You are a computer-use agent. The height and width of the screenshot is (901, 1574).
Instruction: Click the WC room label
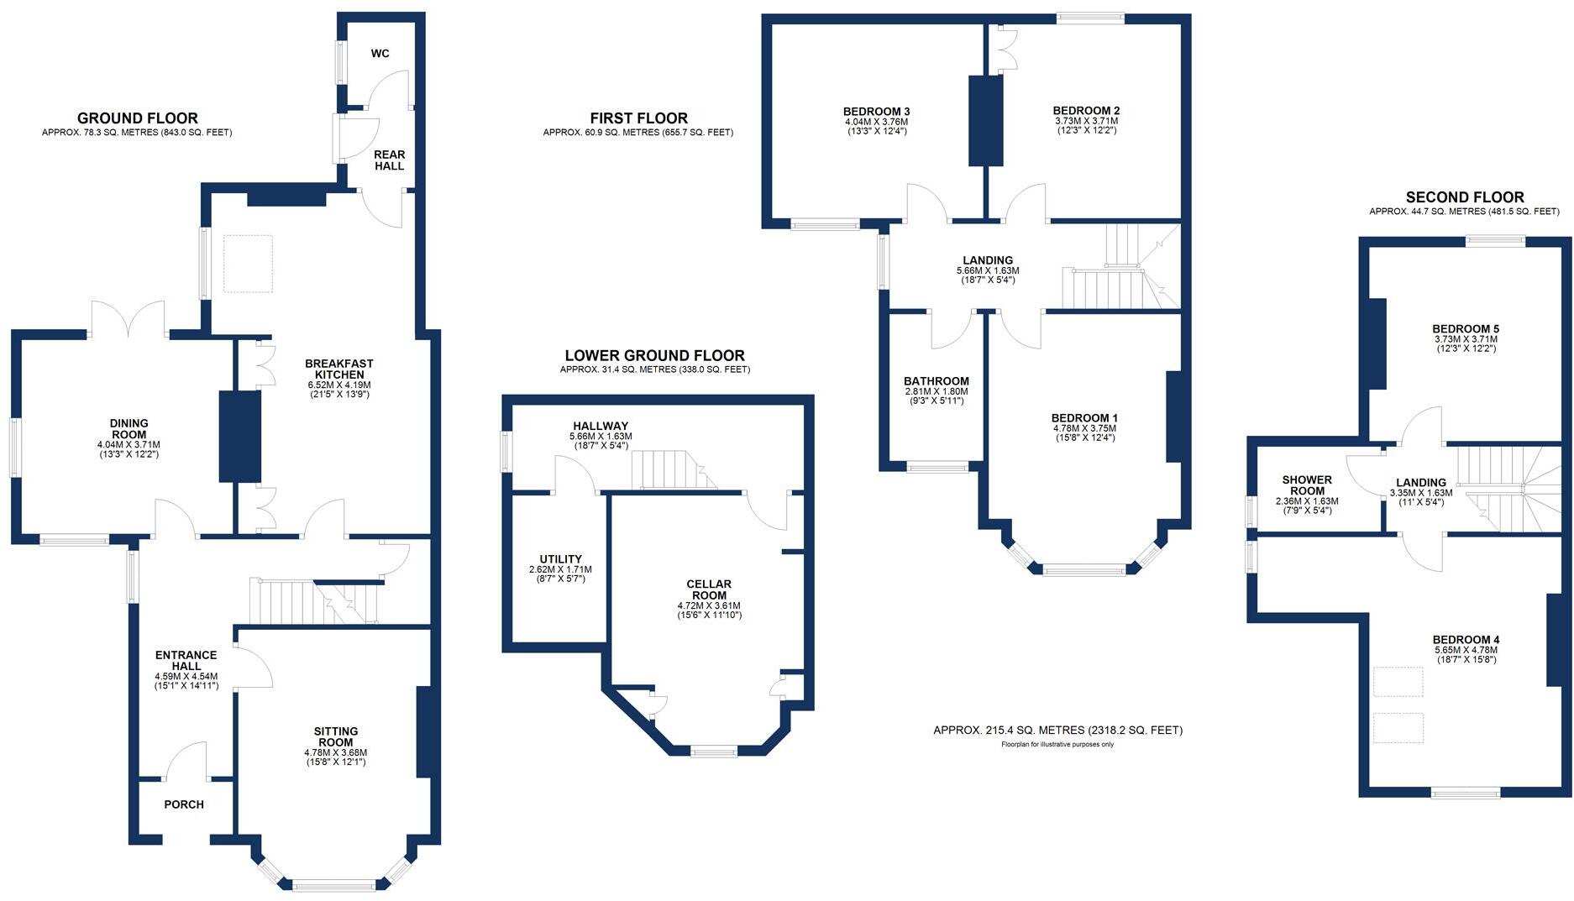(380, 54)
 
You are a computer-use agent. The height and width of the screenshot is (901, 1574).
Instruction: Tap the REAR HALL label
(389, 160)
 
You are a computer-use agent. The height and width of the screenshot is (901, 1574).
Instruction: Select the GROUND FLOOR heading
(137, 118)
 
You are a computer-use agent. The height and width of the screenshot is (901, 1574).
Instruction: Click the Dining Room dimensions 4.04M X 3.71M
(129, 444)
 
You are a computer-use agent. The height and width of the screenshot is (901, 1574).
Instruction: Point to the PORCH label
(184, 804)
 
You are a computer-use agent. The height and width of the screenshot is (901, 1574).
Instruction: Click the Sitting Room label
(336, 737)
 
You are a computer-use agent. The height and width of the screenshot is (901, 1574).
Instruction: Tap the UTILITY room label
(560, 559)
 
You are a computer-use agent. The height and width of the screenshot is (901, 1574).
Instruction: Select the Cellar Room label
(709, 589)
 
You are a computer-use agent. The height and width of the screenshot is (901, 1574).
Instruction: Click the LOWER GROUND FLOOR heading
(654, 355)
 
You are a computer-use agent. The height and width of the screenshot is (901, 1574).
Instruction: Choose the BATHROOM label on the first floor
(937, 381)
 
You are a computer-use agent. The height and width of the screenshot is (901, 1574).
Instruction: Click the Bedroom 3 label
(876, 111)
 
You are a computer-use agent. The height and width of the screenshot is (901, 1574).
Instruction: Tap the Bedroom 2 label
(1086, 110)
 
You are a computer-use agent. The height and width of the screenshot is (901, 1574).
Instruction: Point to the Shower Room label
(1306, 485)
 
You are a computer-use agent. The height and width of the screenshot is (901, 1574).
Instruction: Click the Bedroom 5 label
(1466, 329)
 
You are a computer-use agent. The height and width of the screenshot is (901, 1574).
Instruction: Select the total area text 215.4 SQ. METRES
(1057, 731)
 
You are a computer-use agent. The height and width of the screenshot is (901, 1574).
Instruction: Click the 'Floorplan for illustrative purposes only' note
(1057, 745)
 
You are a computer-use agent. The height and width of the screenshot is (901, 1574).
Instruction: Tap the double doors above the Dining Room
(128, 317)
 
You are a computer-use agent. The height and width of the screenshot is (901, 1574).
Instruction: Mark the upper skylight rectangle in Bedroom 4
(1398, 682)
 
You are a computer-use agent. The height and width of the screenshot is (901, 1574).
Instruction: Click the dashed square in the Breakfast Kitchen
(249, 264)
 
